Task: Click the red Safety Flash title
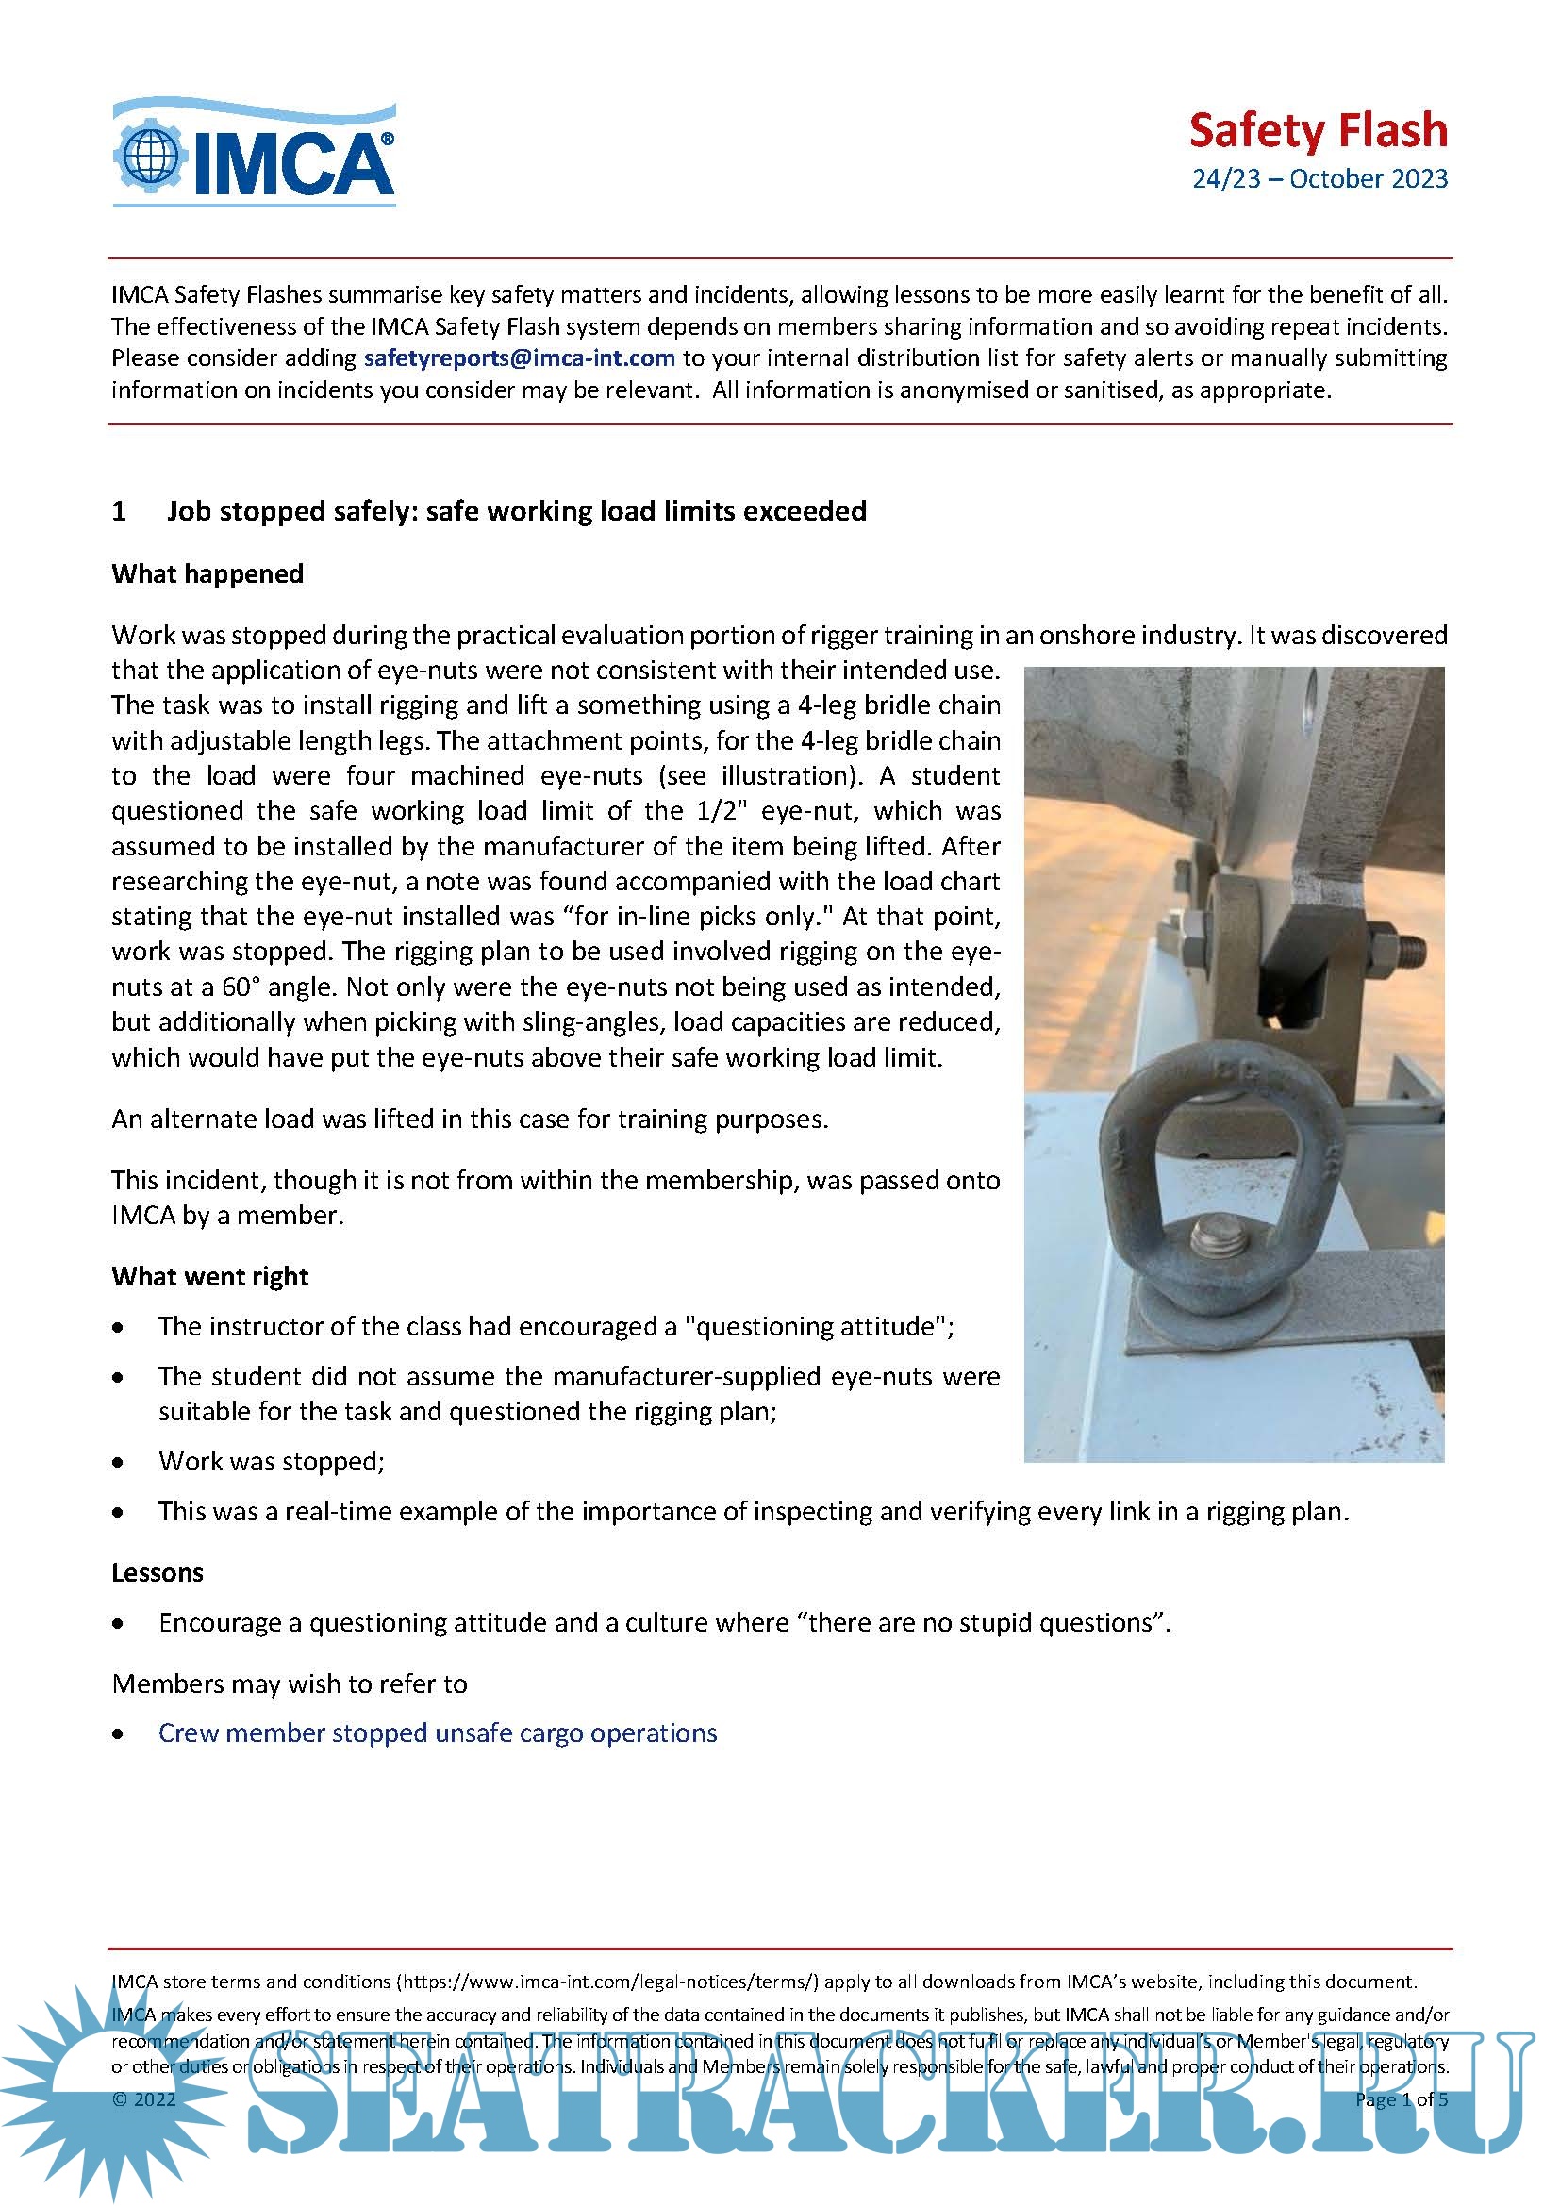(x=1317, y=131)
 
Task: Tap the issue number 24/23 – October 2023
(x=1319, y=178)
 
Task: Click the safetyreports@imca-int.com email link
(x=519, y=358)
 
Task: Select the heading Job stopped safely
(x=517, y=511)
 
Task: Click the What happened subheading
(x=207, y=573)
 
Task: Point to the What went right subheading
(x=209, y=1276)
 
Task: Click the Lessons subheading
(x=158, y=1572)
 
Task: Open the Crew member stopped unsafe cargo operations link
(x=437, y=1733)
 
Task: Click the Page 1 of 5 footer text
(x=1401, y=2099)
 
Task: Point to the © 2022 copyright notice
(x=144, y=2099)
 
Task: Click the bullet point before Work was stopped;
(x=118, y=1463)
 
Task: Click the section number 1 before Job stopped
(x=119, y=511)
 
